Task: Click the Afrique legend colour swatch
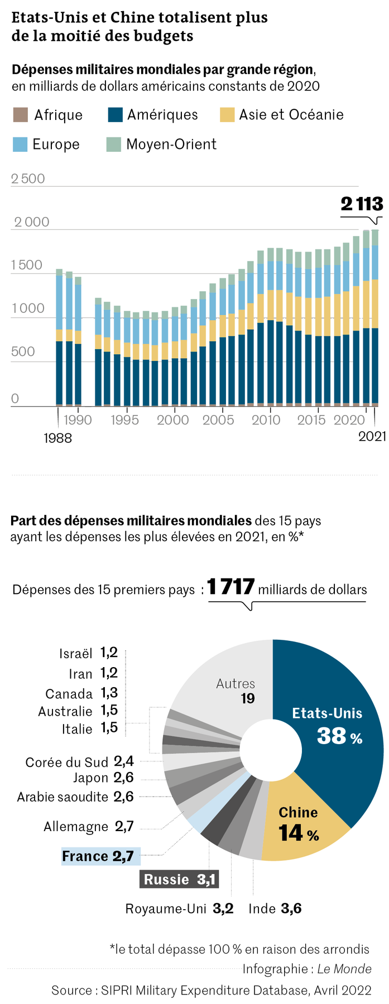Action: tap(20, 115)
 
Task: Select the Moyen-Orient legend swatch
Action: tap(113, 144)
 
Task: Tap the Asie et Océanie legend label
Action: tap(291, 115)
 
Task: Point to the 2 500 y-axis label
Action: tap(28, 178)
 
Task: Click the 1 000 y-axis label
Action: tap(28, 308)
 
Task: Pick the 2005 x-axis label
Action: tap(218, 420)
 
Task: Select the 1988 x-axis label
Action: tap(58, 438)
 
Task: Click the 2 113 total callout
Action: tap(362, 204)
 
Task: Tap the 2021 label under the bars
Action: tap(372, 437)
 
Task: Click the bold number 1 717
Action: tap(231, 587)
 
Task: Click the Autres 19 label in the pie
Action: tap(236, 691)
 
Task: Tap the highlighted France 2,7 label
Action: tap(98, 856)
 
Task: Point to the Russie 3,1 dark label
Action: tap(179, 880)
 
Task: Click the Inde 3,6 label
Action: tap(275, 909)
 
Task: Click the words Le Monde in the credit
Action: tap(344, 969)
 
